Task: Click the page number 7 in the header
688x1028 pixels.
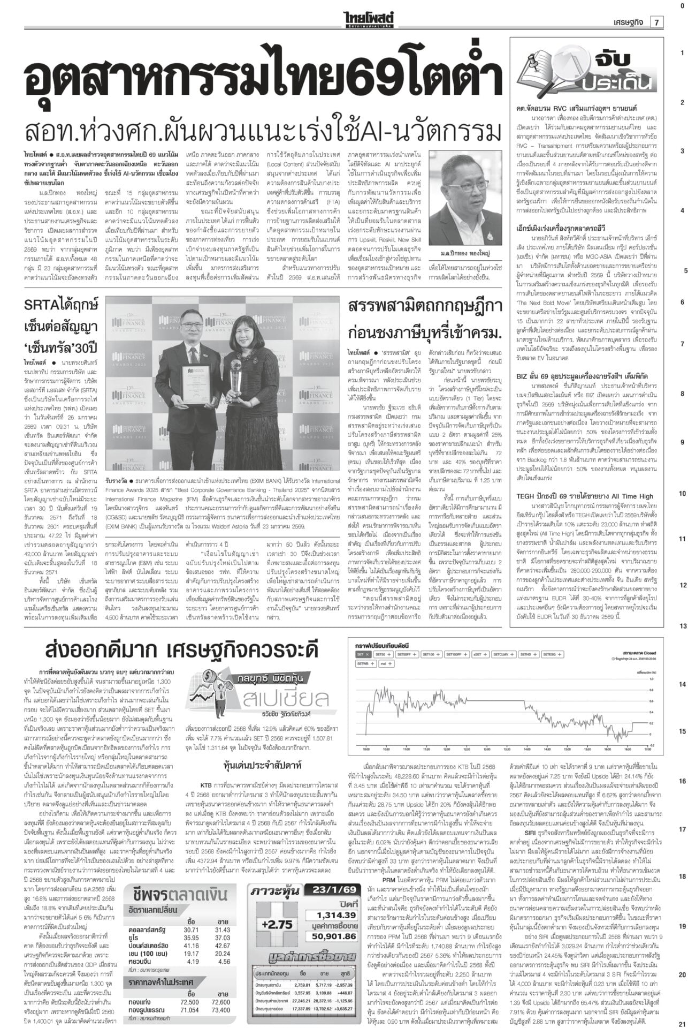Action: (656, 21)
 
